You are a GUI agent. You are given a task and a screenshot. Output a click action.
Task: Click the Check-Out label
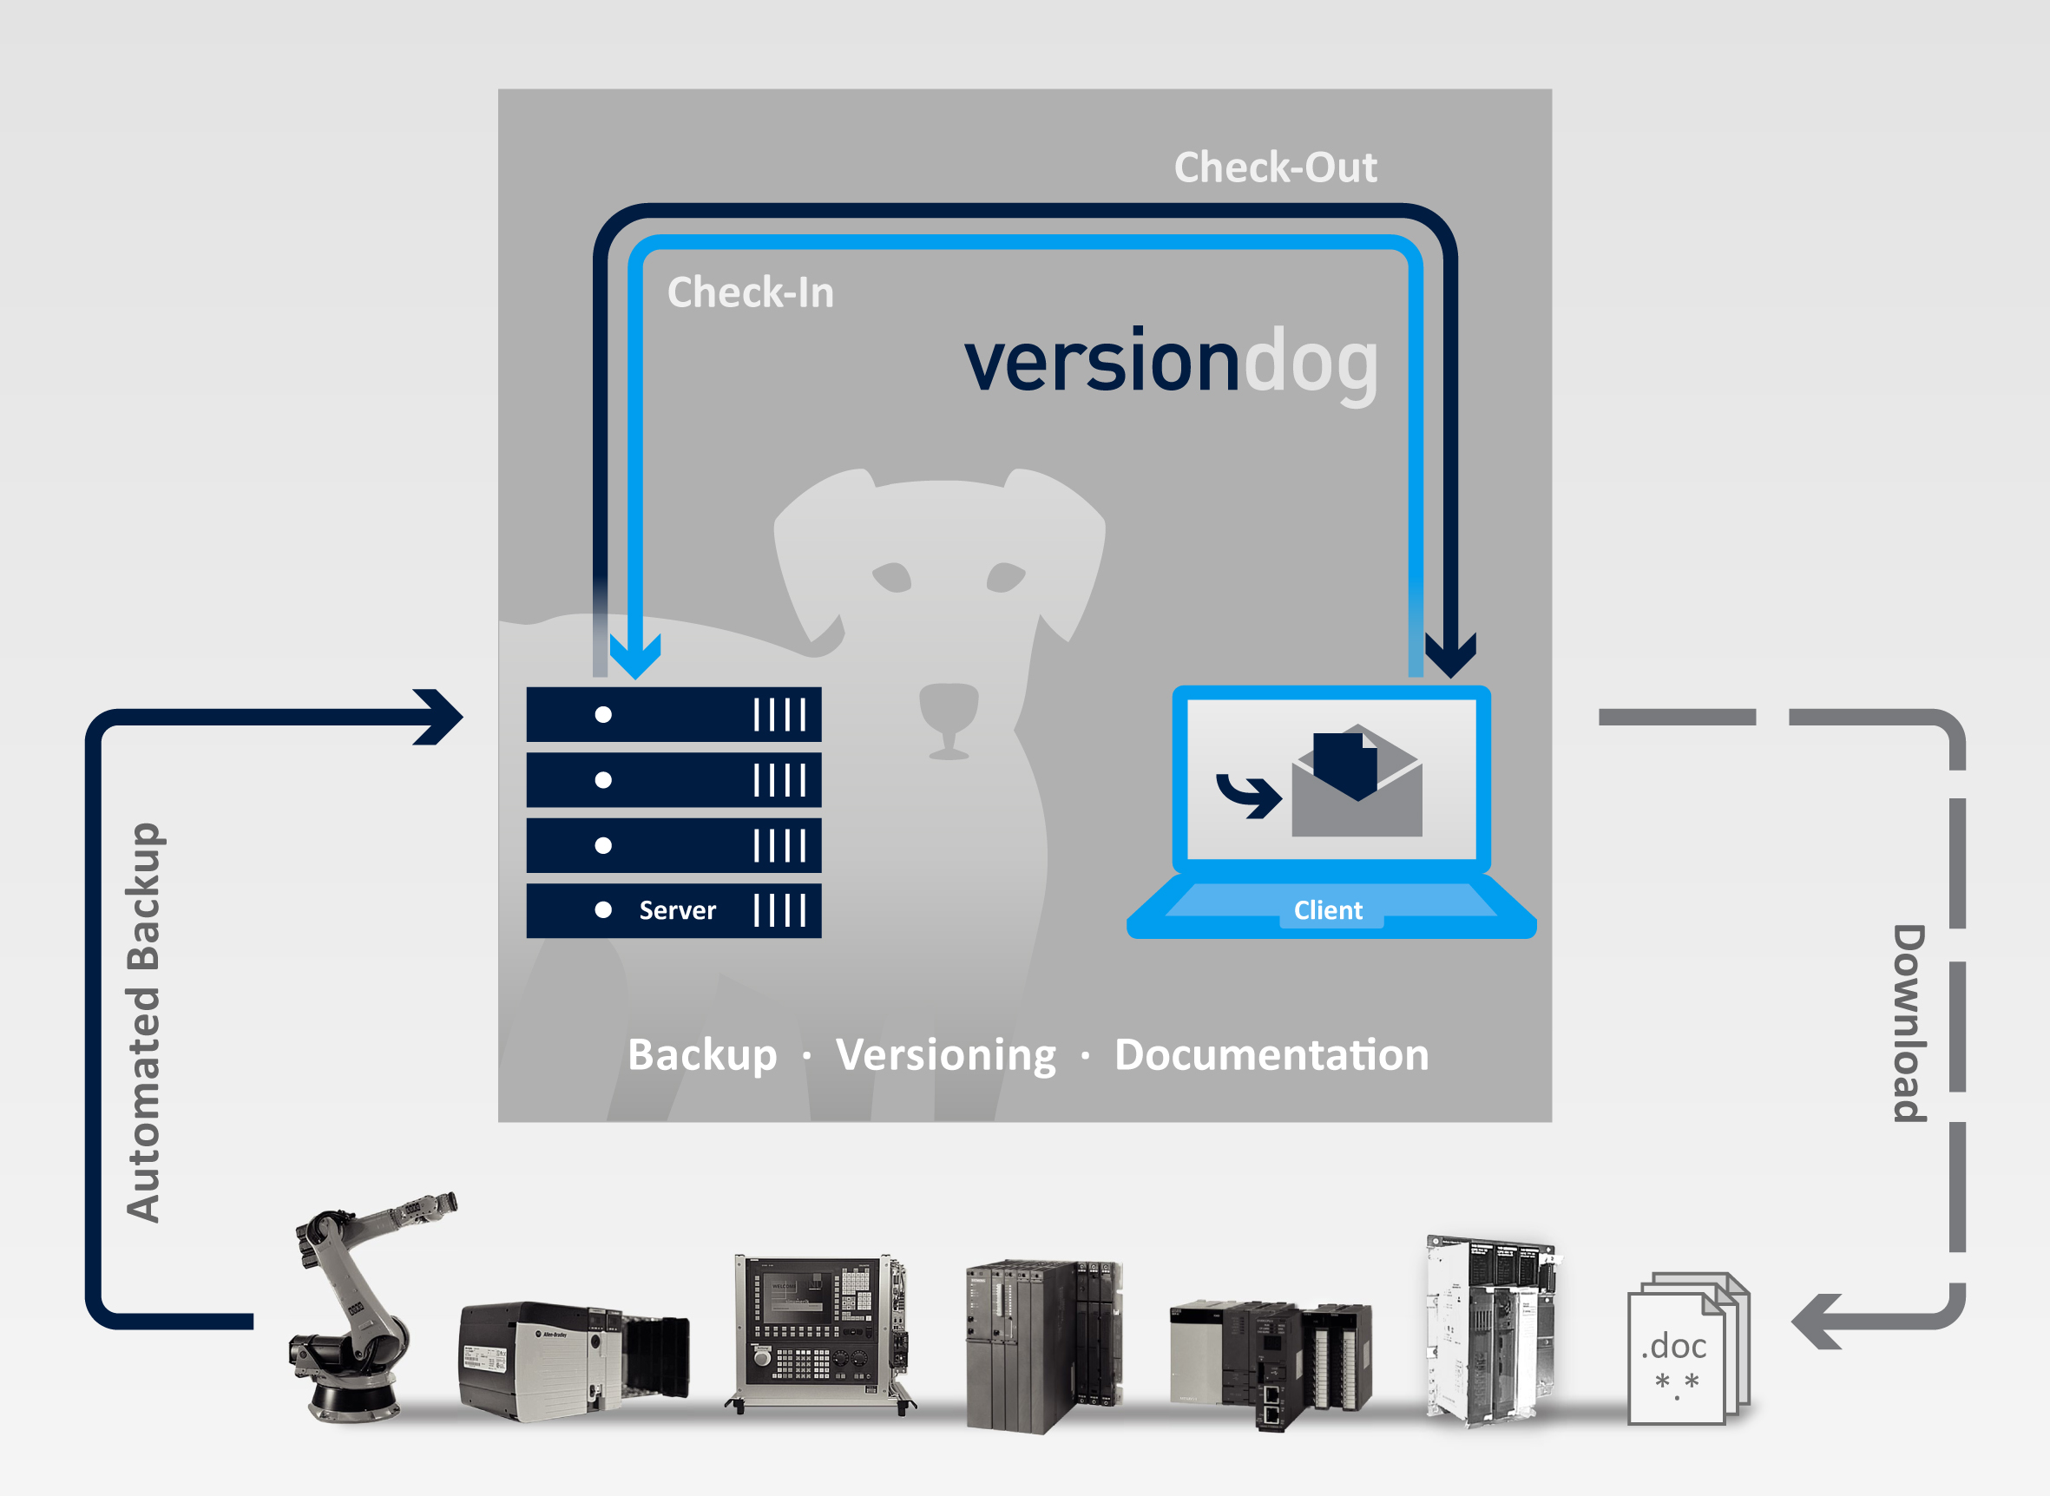tap(1275, 167)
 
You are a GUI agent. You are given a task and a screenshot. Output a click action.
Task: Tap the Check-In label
tap(751, 292)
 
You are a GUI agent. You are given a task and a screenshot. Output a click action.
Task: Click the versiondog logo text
tap(1171, 365)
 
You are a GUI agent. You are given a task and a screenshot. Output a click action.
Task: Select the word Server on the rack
tap(677, 910)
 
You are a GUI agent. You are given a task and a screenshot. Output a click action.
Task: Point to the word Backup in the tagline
tap(703, 1055)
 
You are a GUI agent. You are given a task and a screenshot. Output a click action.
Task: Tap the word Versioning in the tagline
tap(946, 1056)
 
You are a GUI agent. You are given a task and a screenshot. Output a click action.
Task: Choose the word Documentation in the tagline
tap(1272, 1055)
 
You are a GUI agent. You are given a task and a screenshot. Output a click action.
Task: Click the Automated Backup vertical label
tap(143, 1022)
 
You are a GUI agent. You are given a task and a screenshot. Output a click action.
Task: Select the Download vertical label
tap(1909, 1023)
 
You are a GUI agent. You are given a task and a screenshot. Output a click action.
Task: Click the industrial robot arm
tap(367, 1309)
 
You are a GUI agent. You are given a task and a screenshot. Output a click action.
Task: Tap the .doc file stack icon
tap(1689, 1349)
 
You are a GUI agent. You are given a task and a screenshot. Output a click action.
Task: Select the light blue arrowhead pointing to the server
tap(634, 656)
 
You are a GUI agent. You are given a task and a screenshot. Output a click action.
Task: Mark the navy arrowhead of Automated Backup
tap(439, 718)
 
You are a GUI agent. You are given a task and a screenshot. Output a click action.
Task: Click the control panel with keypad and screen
tap(819, 1333)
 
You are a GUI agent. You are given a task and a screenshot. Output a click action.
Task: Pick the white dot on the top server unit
tap(603, 714)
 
